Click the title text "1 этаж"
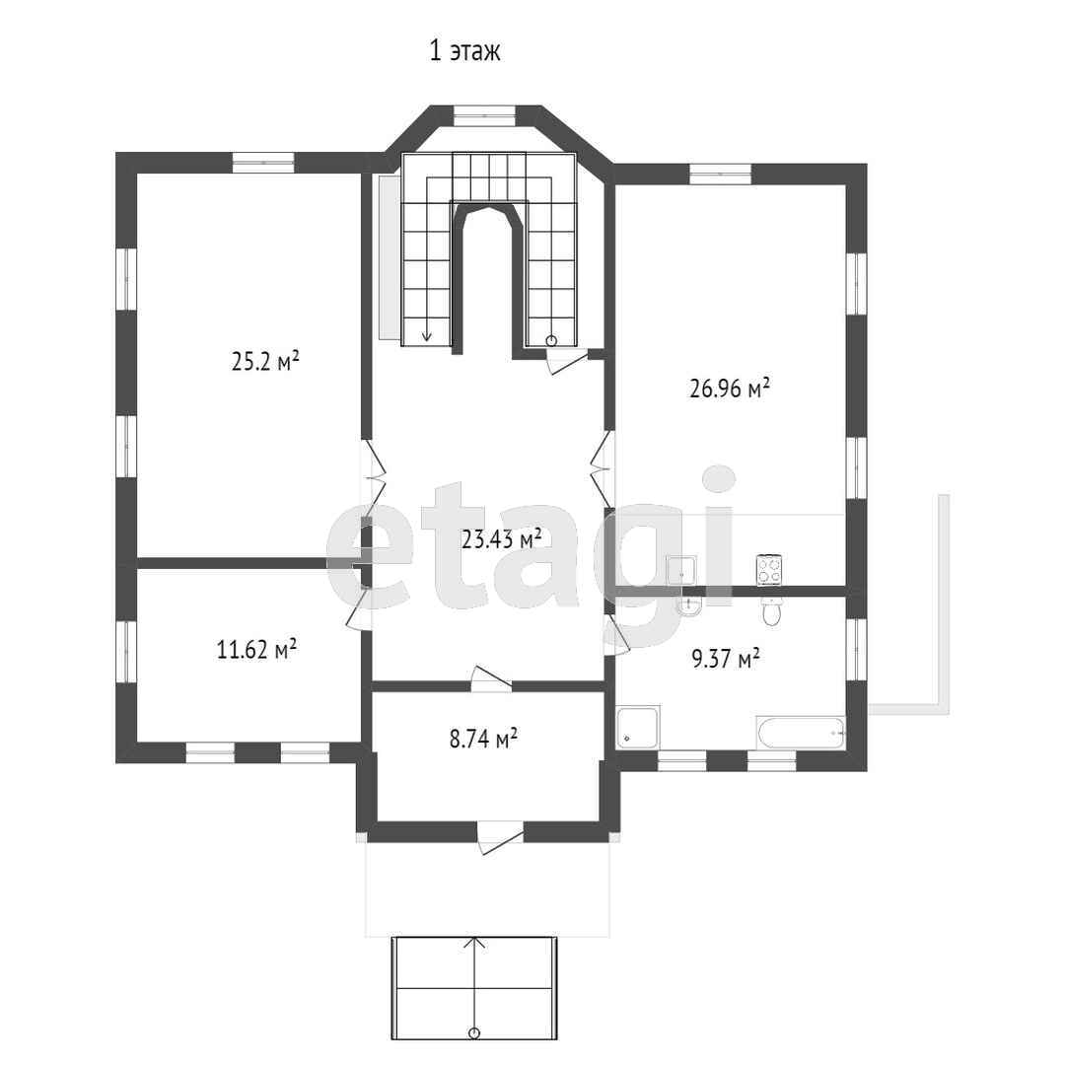465,51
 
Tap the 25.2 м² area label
265,361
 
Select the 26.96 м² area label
730,389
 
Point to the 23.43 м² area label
501,539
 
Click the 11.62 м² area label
256,650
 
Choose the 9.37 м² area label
726,658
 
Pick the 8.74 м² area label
483,739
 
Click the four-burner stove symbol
769,570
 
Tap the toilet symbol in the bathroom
771,611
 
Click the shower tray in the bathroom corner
638,729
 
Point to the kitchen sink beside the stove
681,571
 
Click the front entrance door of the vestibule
501,838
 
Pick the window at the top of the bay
485,115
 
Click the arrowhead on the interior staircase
427,336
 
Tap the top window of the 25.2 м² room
263,163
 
